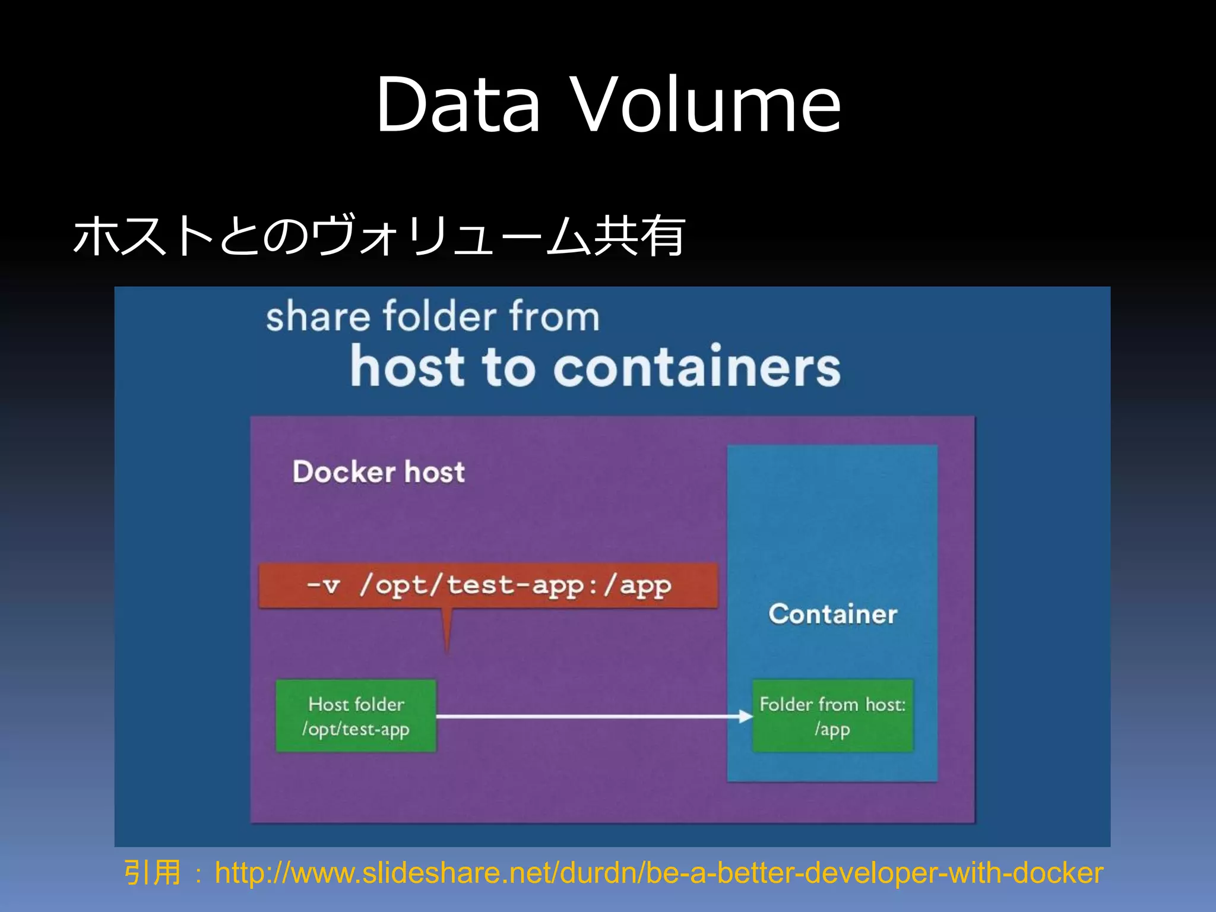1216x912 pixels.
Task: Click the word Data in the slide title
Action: click(458, 104)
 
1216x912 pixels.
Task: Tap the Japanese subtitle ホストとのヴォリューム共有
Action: click(379, 236)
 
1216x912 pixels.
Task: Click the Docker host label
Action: click(378, 472)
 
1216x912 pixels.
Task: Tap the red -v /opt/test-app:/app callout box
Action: click(488, 585)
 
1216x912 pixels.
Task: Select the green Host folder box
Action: click(356, 716)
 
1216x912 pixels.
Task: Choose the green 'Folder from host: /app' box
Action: click(832, 716)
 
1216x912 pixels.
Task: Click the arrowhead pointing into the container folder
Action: click(746, 717)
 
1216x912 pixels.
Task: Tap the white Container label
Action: click(832, 614)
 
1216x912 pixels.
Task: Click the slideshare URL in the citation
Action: click(658, 873)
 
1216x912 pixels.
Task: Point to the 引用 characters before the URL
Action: click(152, 873)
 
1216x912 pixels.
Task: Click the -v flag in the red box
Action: click(324, 585)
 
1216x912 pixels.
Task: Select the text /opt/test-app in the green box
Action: click(356, 729)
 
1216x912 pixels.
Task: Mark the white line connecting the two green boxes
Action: click(588, 717)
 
